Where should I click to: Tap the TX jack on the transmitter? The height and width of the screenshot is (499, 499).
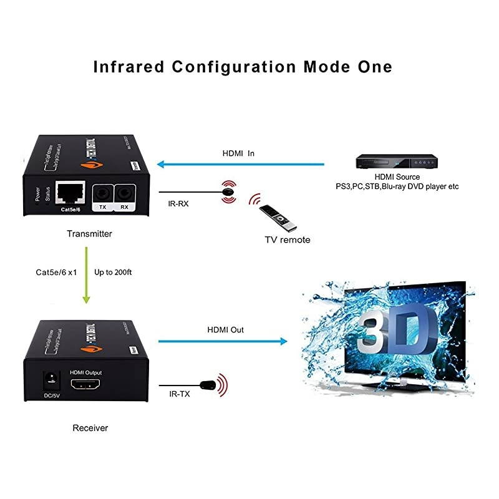(x=102, y=193)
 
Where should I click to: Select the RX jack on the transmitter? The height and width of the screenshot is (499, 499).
(x=124, y=193)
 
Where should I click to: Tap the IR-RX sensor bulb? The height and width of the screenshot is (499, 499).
(x=228, y=195)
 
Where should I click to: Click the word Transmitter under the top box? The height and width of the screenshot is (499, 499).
(x=89, y=235)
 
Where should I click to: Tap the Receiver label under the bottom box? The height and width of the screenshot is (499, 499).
(x=90, y=428)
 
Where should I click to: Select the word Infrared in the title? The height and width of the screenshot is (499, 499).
(x=132, y=67)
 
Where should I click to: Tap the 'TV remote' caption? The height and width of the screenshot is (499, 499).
(x=287, y=240)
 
